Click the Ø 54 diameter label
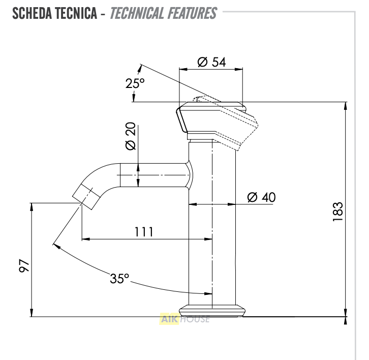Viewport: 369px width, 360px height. coord(211,62)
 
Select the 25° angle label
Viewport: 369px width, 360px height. coord(135,83)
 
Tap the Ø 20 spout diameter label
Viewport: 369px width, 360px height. coord(131,136)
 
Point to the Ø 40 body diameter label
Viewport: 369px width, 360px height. coord(261,197)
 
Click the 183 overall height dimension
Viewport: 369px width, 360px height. coord(338,212)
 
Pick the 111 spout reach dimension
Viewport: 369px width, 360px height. coord(144,232)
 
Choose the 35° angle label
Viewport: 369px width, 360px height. coord(119,278)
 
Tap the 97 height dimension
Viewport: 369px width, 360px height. coord(24,265)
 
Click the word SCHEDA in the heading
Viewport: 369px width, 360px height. coord(32,13)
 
